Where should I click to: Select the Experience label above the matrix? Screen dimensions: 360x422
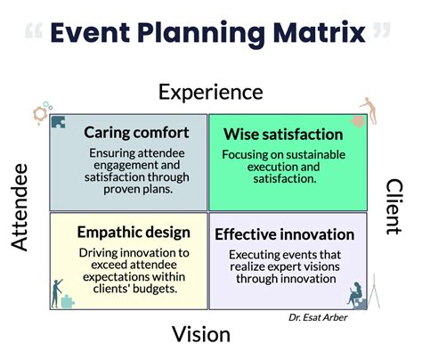click(210, 91)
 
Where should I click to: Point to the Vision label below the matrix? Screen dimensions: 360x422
click(200, 334)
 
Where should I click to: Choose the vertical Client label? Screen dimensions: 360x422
click(395, 208)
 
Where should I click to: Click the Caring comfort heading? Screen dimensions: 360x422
click(136, 133)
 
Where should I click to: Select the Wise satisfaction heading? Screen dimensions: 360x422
click(283, 135)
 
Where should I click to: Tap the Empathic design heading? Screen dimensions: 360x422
click(134, 233)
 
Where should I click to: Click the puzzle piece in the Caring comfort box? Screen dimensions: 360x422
click(59, 123)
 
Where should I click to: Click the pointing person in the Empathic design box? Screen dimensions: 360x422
click(59, 290)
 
